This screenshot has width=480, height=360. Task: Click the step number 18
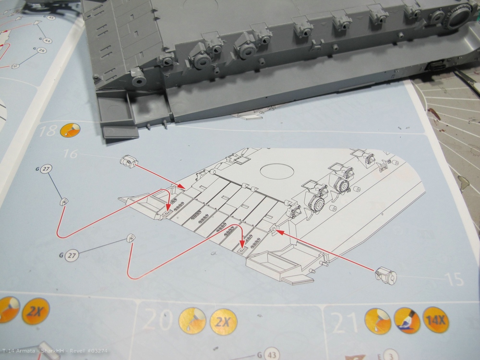tap(49, 131)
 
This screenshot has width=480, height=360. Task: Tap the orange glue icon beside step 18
tap(70, 130)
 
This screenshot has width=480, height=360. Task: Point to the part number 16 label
tap(70, 154)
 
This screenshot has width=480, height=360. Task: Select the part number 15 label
tap(454, 278)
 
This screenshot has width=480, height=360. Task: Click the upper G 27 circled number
tap(46, 169)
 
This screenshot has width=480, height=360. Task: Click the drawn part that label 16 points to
tap(128, 162)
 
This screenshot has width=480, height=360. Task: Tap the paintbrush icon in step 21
tap(407, 320)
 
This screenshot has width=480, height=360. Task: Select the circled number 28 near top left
tap(42, 51)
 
